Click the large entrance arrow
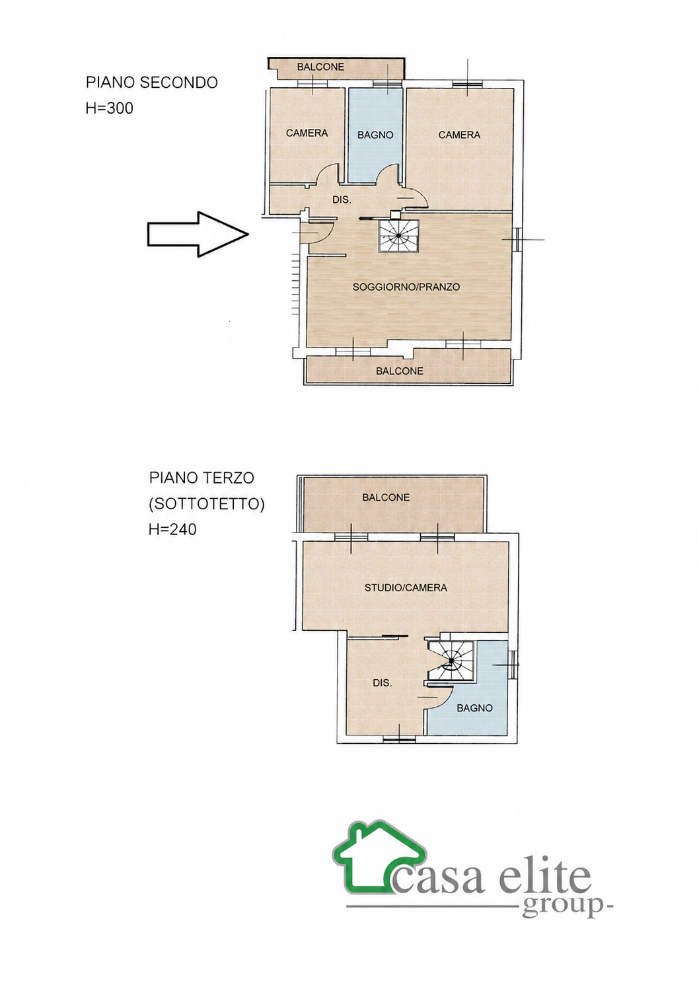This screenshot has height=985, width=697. tap(198, 234)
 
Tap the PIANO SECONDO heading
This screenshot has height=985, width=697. tap(152, 82)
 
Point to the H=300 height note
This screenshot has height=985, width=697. tap(109, 108)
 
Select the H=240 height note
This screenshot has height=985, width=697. tap(172, 529)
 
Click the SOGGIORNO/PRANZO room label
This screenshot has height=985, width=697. tap(406, 287)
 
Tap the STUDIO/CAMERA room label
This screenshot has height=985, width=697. tap(406, 587)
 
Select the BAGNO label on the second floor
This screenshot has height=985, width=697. tap(375, 135)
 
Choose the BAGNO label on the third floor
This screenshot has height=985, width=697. tap(474, 708)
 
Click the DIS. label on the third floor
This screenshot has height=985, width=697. tap(382, 683)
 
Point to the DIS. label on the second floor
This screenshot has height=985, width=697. tap(342, 200)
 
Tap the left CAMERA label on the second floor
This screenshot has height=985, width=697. tap(307, 133)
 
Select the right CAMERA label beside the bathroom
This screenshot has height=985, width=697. tap(459, 135)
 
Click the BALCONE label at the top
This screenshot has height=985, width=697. tap(320, 67)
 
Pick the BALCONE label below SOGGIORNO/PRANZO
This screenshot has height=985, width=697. tap(399, 371)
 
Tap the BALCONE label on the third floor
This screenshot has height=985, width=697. tap(386, 497)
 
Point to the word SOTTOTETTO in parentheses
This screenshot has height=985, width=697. tap(207, 504)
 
